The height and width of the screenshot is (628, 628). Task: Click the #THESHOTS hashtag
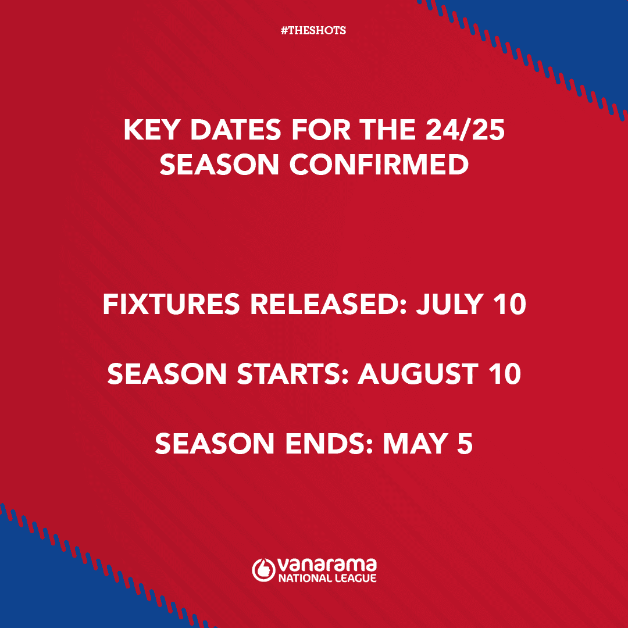pos(313,30)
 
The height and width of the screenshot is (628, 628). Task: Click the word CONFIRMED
pos(379,164)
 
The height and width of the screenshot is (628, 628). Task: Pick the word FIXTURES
pos(172,304)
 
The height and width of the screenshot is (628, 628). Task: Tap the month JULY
pos(449,304)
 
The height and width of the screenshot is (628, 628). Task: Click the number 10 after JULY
pos(509,304)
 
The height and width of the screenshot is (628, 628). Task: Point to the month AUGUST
pos(418,374)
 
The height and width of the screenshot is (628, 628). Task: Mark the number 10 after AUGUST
pos(505,374)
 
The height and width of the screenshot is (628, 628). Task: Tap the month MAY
pos(415,444)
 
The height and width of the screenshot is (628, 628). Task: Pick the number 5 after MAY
pos(465,444)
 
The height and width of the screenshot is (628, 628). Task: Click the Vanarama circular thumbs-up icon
pos(263,570)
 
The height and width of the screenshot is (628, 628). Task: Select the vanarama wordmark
pos(327,565)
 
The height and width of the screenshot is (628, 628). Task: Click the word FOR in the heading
pos(321,130)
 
